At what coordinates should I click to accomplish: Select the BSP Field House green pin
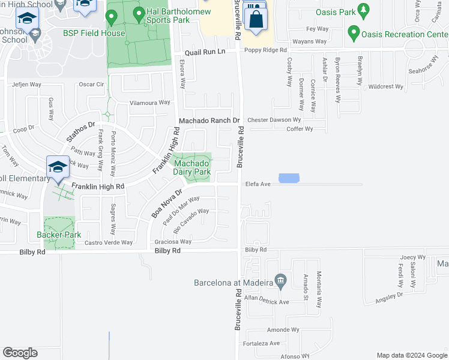pyautogui.click(x=111, y=18)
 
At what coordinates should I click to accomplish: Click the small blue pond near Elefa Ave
pyautogui.click(x=289, y=178)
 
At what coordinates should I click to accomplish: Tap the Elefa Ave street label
pyautogui.click(x=258, y=184)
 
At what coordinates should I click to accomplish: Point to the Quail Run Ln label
pyautogui.click(x=205, y=52)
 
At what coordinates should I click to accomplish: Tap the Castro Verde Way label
pyautogui.click(x=108, y=242)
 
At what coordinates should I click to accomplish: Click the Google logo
pyautogui.click(x=20, y=353)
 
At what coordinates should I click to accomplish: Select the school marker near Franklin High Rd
pyautogui.click(x=58, y=167)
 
